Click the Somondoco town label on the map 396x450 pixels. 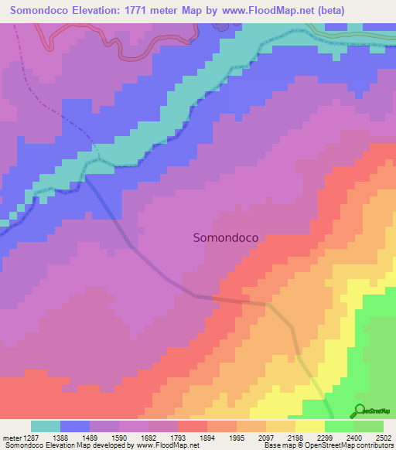(225, 239)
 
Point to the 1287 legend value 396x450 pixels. (30, 437)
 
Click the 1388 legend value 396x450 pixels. (60, 437)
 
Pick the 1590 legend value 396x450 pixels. (119, 437)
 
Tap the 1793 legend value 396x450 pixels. (178, 437)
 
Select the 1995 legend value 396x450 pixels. (237, 437)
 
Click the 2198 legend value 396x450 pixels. (295, 437)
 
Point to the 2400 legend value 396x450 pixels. (354, 437)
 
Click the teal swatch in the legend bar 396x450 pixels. (46, 426)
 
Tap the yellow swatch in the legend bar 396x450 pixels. (310, 426)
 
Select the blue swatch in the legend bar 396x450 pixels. (75, 426)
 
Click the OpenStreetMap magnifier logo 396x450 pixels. (358, 411)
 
